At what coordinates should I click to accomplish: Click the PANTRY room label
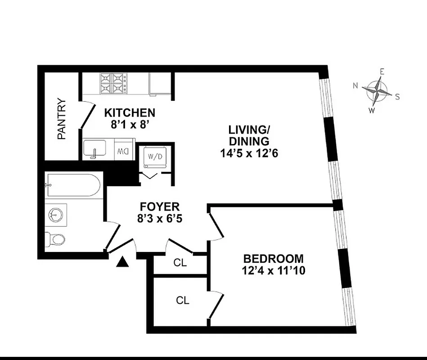click(62, 119)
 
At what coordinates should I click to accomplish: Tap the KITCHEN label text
click(130, 112)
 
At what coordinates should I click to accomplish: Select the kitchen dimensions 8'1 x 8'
click(130, 125)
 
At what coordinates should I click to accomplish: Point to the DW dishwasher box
click(122, 152)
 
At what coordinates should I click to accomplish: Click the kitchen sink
click(94, 149)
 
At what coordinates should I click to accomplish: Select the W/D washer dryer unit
click(154, 157)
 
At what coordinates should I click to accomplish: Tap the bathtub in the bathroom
click(72, 185)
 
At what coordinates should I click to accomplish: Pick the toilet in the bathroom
click(55, 238)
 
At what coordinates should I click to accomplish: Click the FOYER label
click(160, 207)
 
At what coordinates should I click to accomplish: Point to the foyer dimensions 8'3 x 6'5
click(160, 219)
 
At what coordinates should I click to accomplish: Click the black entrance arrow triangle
click(122, 262)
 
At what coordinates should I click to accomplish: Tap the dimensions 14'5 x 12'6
click(249, 153)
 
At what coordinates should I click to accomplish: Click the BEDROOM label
click(273, 259)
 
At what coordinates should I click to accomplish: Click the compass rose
click(377, 90)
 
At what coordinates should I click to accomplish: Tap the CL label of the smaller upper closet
click(180, 262)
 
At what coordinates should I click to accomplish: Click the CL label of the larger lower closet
click(182, 301)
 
